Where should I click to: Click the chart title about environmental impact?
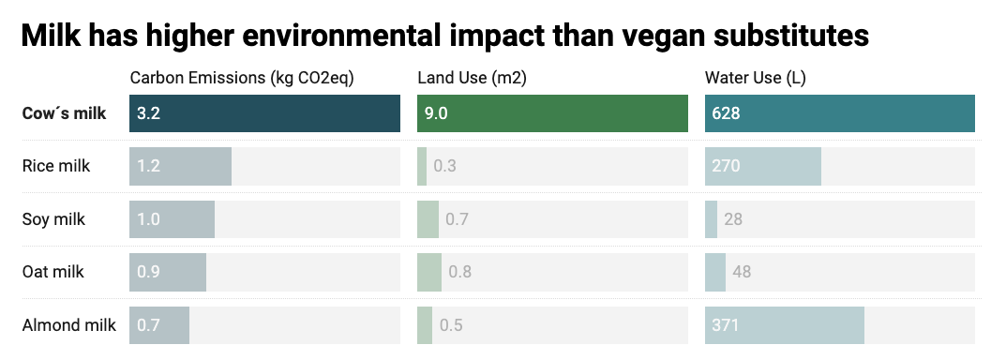click(x=444, y=36)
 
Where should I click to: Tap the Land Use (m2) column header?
click(x=472, y=78)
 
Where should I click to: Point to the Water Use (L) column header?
click(x=756, y=78)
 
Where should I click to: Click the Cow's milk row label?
click(x=64, y=113)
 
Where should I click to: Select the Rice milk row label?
click(x=56, y=166)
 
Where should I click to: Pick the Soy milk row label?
click(x=53, y=219)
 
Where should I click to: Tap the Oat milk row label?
click(x=53, y=272)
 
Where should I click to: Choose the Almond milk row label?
click(x=69, y=325)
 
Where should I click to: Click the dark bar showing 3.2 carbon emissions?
click(x=264, y=113)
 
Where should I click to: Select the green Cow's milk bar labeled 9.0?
click(x=552, y=113)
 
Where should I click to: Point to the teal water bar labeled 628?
click(x=840, y=113)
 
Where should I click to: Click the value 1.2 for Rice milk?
click(x=148, y=167)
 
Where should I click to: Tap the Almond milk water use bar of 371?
click(x=784, y=325)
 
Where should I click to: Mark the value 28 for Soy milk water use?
click(x=733, y=219)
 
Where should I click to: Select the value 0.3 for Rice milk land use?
click(x=445, y=167)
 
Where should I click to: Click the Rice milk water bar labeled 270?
click(x=762, y=167)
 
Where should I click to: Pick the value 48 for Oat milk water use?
click(x=741, y=273)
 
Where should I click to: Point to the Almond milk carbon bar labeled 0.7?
click(x=159, y=325)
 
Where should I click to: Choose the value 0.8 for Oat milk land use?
click(x=459, y=273)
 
